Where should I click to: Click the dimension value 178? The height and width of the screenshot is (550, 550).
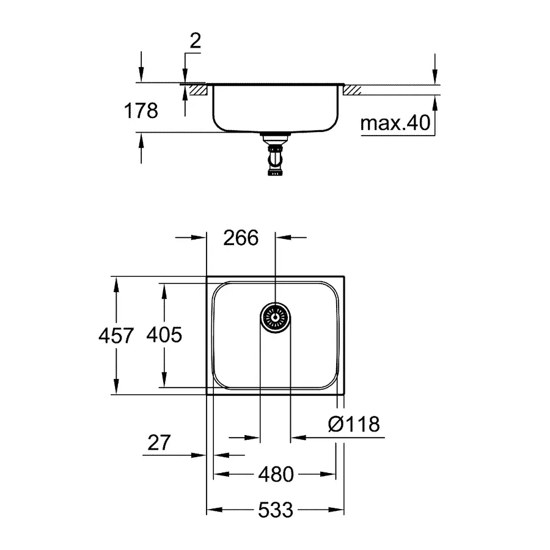point(141,111)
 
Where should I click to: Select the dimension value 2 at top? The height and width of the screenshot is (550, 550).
point(196,41)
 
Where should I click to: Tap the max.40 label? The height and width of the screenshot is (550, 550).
point(395,124)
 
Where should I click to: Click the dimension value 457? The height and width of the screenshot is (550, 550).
point(116,335)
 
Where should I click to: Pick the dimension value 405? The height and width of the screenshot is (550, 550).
point(164,335)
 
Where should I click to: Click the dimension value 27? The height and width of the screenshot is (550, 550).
point(159,441)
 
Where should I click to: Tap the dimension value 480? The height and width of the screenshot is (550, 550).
point(275,474)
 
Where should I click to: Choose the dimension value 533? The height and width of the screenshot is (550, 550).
point(275,509)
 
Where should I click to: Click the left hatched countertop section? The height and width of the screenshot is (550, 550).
point(199,90)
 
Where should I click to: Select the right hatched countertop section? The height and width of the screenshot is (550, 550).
point(353,90)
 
